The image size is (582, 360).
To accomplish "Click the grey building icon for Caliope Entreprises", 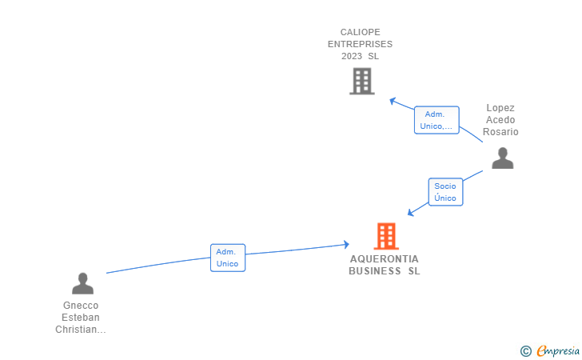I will click(362, 81).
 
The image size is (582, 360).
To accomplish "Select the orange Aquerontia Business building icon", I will click(386, 236).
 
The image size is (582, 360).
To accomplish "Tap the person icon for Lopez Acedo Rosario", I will click(502, 158).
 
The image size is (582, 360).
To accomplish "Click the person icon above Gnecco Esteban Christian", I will click(82, 283).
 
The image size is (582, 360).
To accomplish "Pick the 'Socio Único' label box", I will click(445, 192).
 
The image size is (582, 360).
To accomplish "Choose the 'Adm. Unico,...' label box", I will click(436, 120).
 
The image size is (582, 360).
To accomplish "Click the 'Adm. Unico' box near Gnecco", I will click(228, 258).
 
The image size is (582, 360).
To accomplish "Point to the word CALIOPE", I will click(360, 32).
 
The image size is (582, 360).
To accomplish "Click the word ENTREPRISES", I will click(360, 44).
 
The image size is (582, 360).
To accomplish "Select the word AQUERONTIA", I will click(384, 259).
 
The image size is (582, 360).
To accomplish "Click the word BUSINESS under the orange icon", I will click(375, 271).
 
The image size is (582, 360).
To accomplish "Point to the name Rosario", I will click(500, 132).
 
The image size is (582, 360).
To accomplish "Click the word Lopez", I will click(500, 108).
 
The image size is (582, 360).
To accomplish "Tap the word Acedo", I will click(500, 120).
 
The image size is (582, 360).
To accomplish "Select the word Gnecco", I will click(81, 306).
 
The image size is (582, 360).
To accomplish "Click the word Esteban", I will click(81, 318).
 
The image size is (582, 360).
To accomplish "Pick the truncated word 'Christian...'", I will click(81, 330).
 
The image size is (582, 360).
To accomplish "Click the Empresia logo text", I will click(558, 350).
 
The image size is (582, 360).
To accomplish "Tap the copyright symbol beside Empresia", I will click(525, 350).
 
